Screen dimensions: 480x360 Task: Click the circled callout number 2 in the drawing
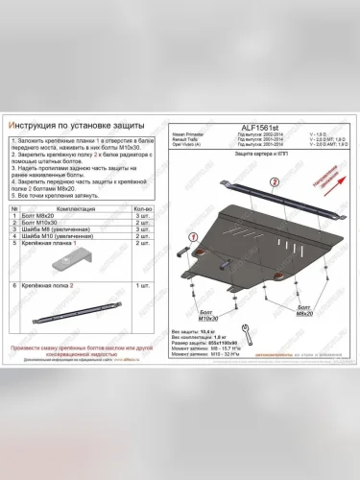tap(274, 180)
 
